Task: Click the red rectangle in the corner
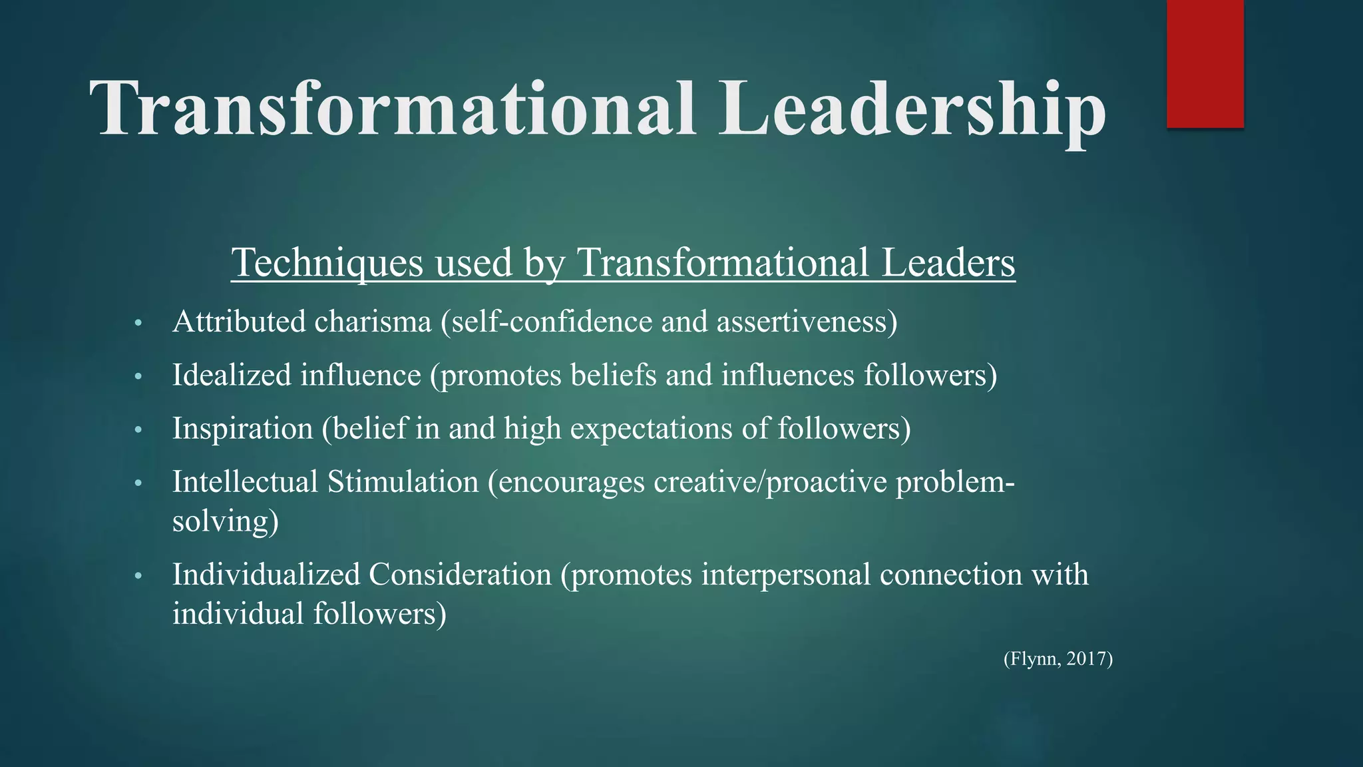(1205, 63)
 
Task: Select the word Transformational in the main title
(393, 108)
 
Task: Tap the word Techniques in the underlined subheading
(327, 262)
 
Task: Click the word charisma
(373, 322)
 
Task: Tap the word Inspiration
(242, 429)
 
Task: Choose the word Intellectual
(245, 482)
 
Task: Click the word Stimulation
(403, 482)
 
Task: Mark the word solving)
(225, 521)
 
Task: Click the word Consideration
(460, 575)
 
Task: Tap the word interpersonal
(785, 575)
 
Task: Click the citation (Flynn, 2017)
(1058, 659)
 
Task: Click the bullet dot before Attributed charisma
(138, 324)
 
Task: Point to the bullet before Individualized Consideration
(138, 577)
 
